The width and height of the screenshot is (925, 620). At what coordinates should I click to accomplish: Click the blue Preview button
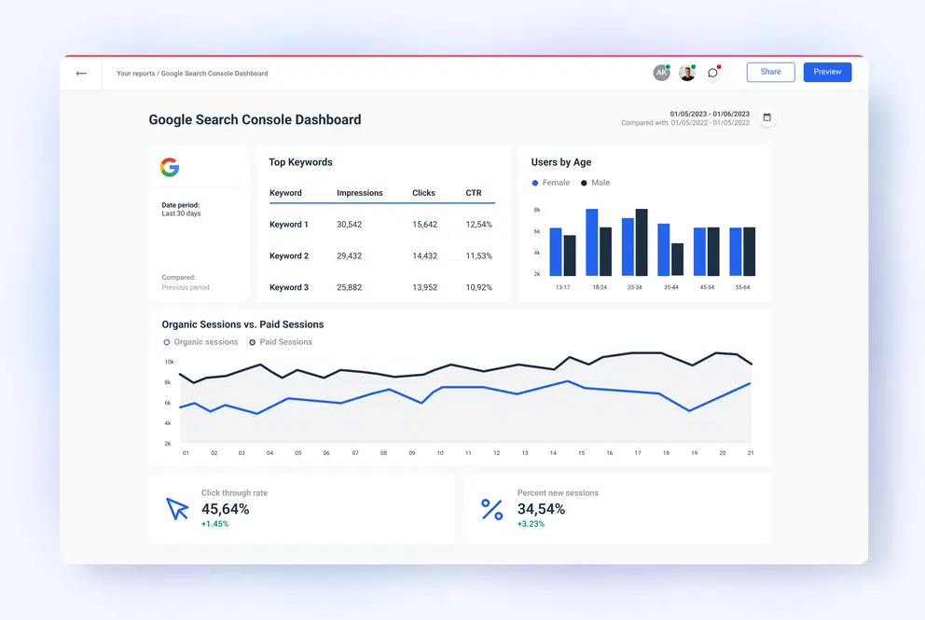point(827,72)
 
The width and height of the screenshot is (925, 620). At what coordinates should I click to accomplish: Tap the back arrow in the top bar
point(81,73)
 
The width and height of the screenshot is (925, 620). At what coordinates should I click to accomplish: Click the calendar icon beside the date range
point(766,117)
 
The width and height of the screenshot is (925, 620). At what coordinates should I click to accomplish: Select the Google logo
point(169,167)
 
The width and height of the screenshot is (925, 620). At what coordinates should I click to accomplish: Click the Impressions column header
point(359,193)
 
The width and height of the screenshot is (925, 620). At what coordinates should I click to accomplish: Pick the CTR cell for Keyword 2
point(478,255)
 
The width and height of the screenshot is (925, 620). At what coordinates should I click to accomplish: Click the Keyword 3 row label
point(289,287)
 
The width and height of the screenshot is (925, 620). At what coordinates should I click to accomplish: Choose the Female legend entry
point(550,183)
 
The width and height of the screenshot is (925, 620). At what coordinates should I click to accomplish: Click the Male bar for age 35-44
point(677,259)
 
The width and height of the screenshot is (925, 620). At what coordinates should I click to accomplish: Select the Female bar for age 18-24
point(591,242)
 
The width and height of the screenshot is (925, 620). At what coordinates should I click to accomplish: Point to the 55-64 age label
point(742,287)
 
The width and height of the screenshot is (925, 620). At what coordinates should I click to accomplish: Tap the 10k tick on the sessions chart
point(169,362)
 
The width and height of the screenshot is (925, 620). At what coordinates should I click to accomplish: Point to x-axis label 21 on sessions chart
point(750,453)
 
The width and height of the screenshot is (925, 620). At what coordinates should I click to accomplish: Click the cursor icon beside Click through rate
point(176,508)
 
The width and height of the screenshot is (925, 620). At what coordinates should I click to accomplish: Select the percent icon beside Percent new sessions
point(491,509)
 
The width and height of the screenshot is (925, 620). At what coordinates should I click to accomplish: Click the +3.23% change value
point(531,524)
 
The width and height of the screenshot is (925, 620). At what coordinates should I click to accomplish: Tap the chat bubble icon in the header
point(713,73)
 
